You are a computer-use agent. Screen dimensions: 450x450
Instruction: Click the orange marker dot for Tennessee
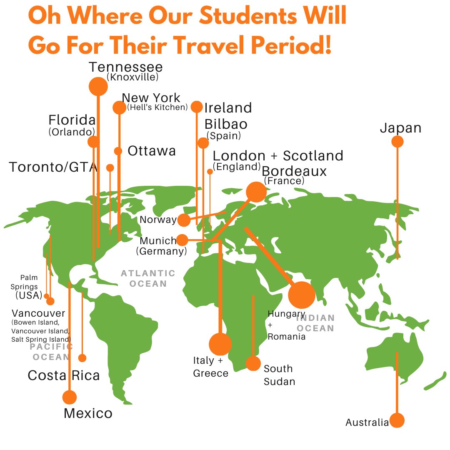98,86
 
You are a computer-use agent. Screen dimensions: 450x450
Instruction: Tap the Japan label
400,128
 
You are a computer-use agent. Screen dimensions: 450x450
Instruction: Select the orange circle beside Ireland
197,107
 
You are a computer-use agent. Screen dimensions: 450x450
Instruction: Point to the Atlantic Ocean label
148,278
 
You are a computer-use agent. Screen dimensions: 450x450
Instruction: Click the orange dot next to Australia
397,420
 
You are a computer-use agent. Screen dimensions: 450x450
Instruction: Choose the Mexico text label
88,413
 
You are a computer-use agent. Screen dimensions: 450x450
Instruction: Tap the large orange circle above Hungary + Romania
301,295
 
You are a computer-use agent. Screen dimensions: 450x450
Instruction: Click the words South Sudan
279,375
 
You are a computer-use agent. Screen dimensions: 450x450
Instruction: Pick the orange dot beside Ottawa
118,151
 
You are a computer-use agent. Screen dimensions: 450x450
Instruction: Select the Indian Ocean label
315,323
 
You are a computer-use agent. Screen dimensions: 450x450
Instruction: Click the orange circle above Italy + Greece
220,344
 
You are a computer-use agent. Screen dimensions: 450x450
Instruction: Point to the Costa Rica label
64,375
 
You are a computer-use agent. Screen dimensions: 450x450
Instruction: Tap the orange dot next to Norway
184,220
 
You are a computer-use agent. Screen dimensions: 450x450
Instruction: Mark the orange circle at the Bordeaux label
256,192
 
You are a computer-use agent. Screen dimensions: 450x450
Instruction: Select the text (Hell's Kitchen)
157,107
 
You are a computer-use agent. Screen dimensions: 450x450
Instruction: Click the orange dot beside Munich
182,240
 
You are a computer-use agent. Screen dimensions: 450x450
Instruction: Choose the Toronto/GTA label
53,167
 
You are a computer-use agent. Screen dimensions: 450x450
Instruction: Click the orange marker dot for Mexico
70,397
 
